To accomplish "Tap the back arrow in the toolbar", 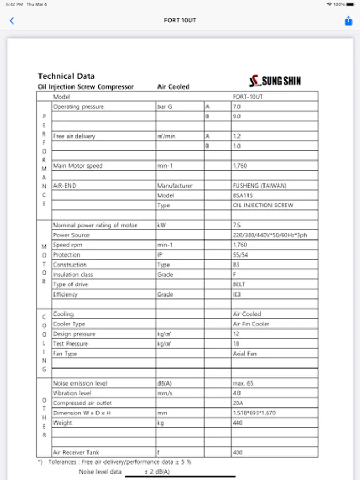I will (x=12, y=21).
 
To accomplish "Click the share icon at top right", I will (x=348, y=21).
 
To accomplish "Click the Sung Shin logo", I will (x=275, y=81).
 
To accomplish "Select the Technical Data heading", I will (x=66, y=76).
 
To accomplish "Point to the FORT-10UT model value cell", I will (x=248, y=97).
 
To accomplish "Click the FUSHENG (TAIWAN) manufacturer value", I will (x=259, y=186).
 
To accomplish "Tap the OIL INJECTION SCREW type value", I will (x=263, y=205).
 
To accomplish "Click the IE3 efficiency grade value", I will (x=236, y=294).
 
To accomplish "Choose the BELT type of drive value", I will (x=239, y=284).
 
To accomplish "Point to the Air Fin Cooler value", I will (x=251, y=324).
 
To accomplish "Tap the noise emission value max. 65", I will (x=243, y=383).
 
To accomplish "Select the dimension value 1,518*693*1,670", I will (x=254, y=413).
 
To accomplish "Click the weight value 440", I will (x=237, y=423).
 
